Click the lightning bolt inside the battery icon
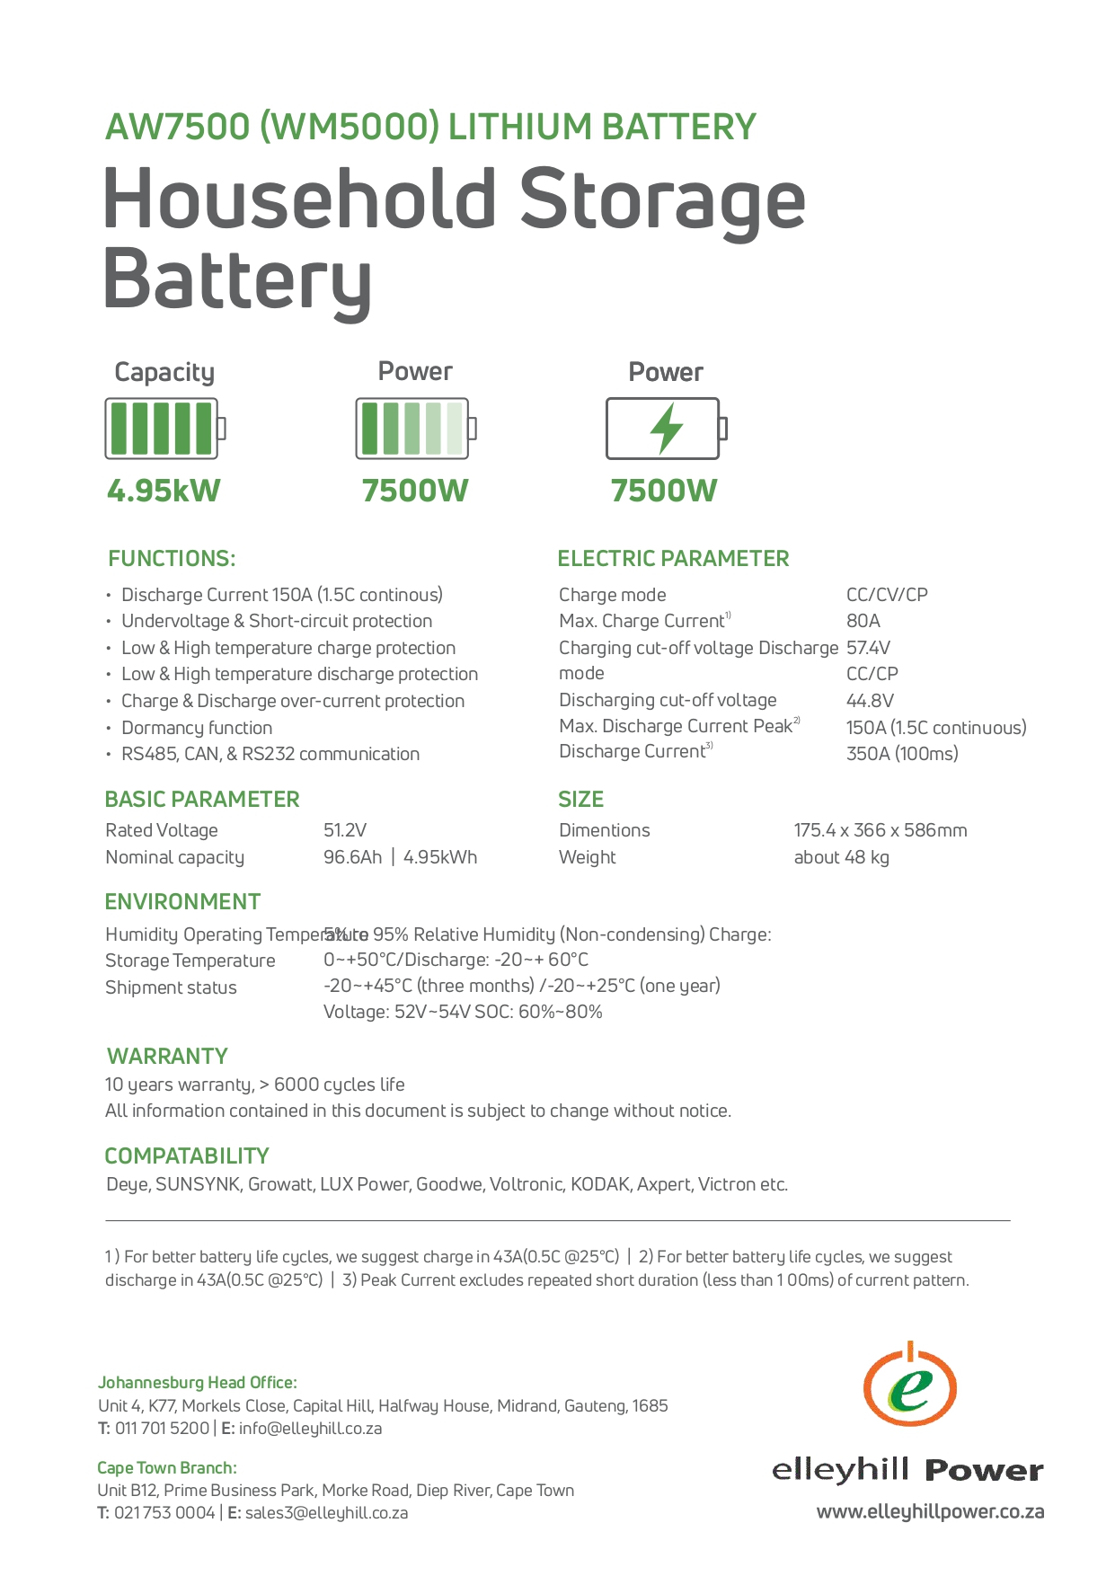coord(666,428)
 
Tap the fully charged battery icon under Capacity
coord(164,429)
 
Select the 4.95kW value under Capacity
coord(164,491)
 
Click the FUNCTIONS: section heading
coord(172,559)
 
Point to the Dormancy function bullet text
coord(197,728)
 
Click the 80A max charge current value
coord(863,621)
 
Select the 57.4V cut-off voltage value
coord(868,648)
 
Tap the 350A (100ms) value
coord(902,754)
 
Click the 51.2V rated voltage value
coord(345,830)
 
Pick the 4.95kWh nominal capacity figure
coord(440,857)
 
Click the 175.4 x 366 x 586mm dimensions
coord(880,830)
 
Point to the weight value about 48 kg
coord(841,857)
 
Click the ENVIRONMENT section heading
coord(182,902)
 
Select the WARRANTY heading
coord(167,1057)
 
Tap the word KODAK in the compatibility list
coord(600,1184)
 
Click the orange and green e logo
coord(909,1386)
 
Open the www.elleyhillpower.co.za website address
coord(930,1512)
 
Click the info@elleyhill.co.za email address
coord(310,1429)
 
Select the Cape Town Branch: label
coord(167,1468)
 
